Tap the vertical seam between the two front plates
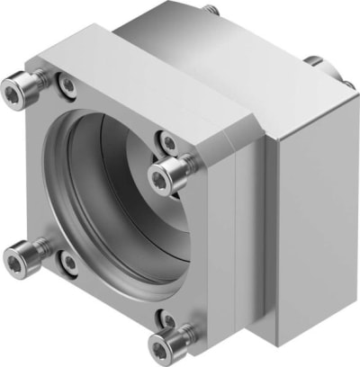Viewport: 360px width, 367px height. point(232,243)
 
